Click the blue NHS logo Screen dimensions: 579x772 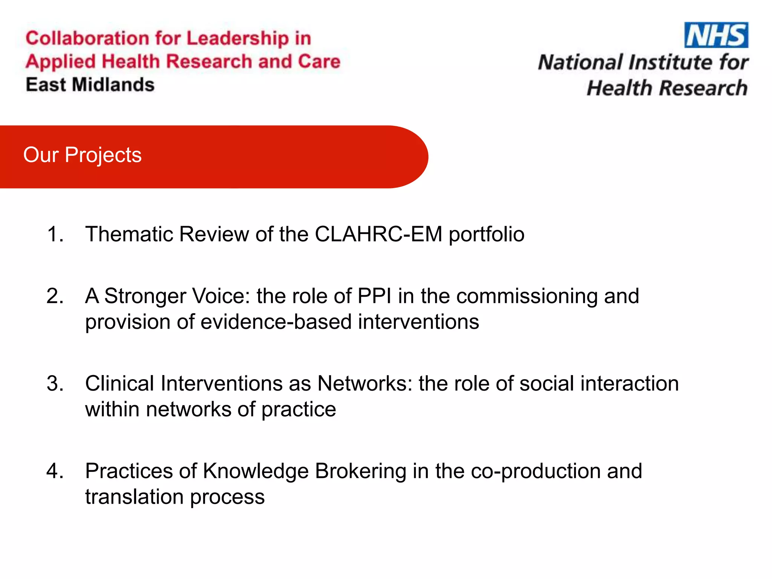tap(716, 35)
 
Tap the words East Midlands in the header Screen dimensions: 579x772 tap(90, 85)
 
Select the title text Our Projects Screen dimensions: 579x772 tap(82, 155)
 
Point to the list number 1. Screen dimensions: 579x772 tap(55, 234)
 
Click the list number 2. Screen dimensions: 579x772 tap(55, 296)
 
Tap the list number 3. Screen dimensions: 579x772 tap(55, 384)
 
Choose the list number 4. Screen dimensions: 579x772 tap(55, 471)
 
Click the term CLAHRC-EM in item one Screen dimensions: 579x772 tap(378, 234)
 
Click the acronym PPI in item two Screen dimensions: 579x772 tap(374, 296)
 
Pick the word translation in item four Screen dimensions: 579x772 tap(134, 497)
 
